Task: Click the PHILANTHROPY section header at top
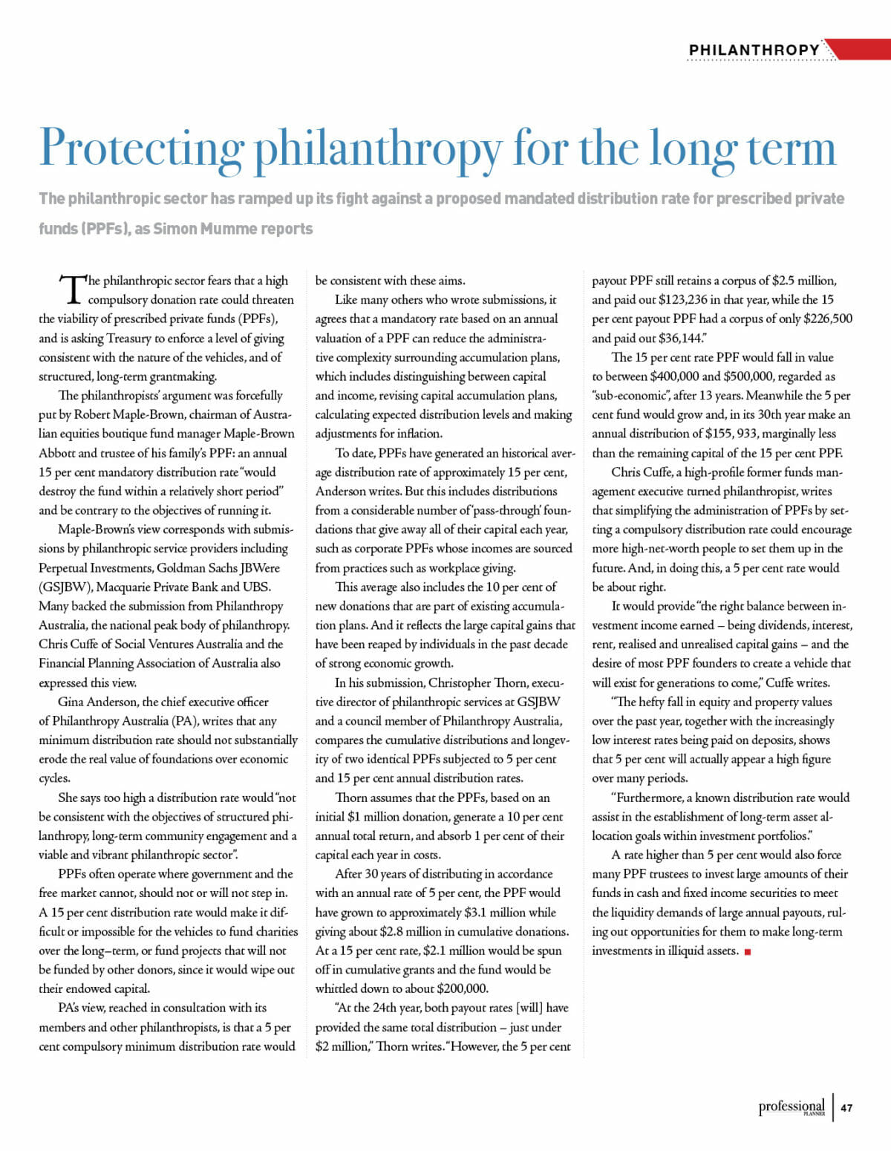pyautogui.click(x=754, y=50)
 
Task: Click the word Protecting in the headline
pyautogui.click(x=141, y=149)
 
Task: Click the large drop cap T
pyautogui.click(x=71, y=289)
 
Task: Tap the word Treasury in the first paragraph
pyautogui.click(x=128, y=339)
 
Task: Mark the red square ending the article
pyautogui.click(x=747, y=952)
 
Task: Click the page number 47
pyautogui.click(x=846, y=1108)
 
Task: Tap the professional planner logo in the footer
pyautogui.click(x=792, y=1108)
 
